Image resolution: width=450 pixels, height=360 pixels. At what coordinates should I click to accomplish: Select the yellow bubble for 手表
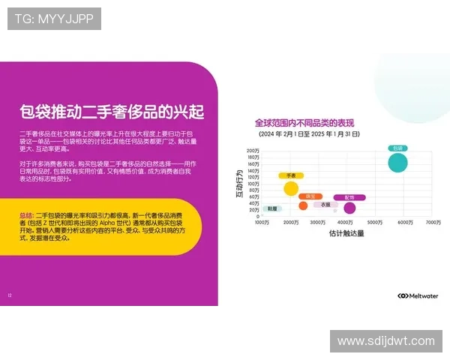pos(290,188)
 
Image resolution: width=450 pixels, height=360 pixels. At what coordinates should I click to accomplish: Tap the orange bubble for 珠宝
pos(304,205)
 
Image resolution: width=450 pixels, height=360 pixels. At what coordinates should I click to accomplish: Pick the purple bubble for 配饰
pos(349,208)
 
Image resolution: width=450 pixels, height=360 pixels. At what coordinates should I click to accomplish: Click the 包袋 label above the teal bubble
pos(398,148)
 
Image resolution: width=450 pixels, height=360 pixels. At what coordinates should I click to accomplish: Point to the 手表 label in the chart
pos(291,175)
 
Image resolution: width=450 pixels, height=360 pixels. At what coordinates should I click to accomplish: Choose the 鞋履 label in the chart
pos(272,208)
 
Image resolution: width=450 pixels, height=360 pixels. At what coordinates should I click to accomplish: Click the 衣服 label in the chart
pos(325,204)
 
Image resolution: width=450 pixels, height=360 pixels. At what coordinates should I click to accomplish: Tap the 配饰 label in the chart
pos(349,197)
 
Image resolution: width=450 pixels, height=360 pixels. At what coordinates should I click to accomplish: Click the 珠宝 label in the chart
pos(310,196)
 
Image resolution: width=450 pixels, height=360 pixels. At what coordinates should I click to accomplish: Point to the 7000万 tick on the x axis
pos(433,223)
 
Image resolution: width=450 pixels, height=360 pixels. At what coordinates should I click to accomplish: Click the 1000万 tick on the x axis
pos(262,223)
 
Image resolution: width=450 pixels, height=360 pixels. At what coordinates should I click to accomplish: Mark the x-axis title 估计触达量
pos(346,233)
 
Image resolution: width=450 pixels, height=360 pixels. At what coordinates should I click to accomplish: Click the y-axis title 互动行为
pos(239,184)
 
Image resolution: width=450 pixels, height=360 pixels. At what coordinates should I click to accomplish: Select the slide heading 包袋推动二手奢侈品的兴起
pos(112,112)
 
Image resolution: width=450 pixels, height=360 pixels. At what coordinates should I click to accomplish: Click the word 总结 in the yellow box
pos(26,215)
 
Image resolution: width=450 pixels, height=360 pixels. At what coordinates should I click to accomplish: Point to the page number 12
pos(10,295)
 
